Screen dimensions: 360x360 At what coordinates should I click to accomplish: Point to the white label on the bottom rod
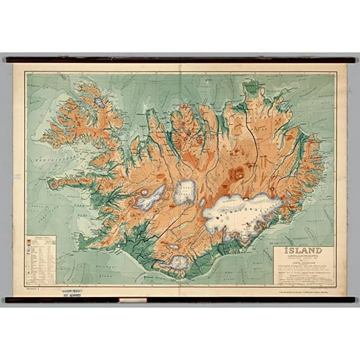tap(132, 300)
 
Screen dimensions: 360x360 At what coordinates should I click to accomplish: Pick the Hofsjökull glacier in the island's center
tap(186, 191)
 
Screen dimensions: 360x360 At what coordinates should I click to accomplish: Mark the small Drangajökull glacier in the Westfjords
tap(99, 102)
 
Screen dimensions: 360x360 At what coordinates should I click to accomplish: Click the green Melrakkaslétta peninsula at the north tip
tap(254, 88)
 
